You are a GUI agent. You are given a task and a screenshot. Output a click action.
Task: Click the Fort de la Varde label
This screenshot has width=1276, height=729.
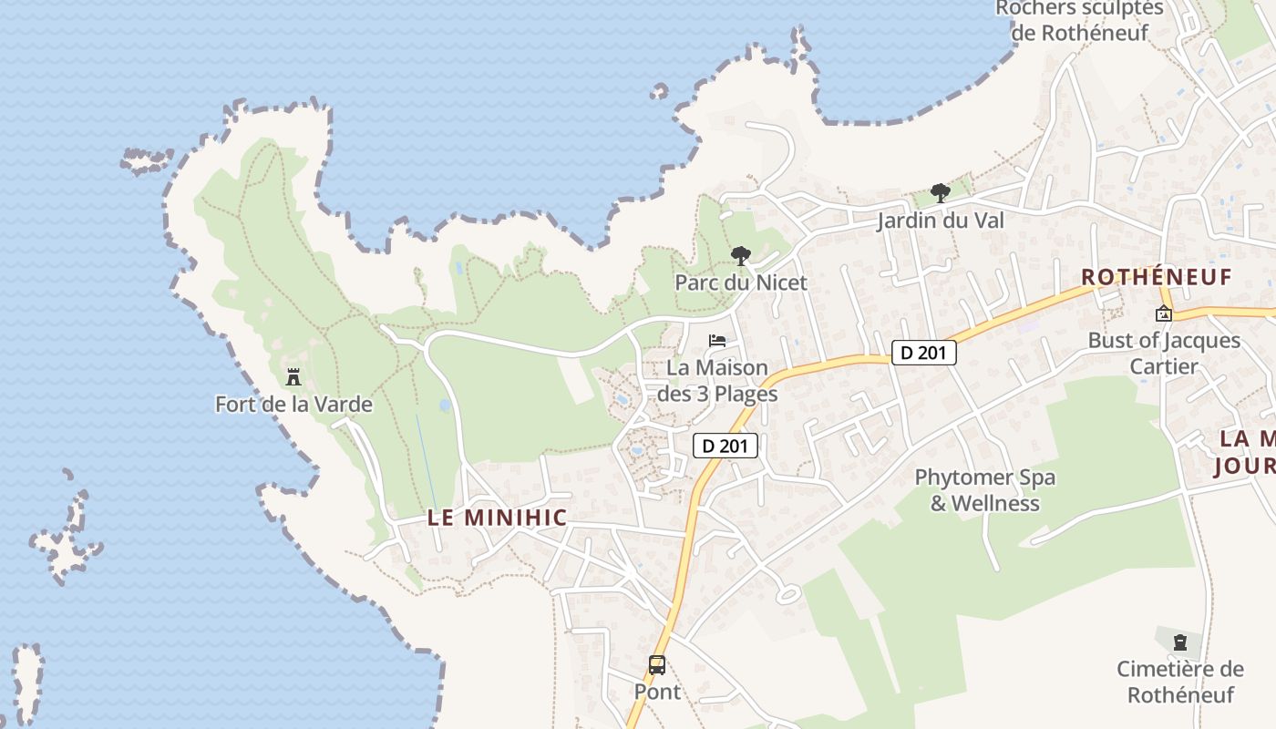point(293,404)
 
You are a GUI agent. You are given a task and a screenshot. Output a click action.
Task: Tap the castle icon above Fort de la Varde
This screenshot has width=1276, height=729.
point(293,376)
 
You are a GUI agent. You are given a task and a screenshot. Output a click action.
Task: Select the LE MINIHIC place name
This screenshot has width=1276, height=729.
point(497,518)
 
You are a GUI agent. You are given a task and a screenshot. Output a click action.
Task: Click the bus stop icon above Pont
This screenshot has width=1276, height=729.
point(657,664)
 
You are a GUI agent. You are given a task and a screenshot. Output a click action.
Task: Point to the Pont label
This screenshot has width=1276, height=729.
point(657,692)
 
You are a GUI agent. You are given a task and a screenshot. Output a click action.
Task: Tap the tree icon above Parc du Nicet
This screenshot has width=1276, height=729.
point(741,256)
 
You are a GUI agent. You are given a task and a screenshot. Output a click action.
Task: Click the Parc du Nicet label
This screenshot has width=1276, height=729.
point(741,282)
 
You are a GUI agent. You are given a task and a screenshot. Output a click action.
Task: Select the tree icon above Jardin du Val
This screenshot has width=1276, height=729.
point(941,193)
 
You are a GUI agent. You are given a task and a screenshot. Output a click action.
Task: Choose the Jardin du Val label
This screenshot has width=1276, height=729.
point(941,221)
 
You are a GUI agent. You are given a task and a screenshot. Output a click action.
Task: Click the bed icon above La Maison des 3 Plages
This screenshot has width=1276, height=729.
point(718,341)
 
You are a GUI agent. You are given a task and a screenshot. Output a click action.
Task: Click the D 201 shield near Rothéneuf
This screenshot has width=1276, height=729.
point(923,353)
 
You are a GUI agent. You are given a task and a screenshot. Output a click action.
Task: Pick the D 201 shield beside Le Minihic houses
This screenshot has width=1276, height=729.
point(725,446)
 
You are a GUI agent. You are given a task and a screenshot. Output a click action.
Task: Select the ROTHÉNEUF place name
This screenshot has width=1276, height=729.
point(1156,277)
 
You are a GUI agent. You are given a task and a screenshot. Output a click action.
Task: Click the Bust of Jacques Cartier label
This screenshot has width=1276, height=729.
point(1164,354)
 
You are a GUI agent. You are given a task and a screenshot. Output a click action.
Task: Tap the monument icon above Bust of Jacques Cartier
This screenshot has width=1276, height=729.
point(1164,314)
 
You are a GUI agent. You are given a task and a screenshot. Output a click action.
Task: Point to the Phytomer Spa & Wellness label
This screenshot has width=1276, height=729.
point(984,490)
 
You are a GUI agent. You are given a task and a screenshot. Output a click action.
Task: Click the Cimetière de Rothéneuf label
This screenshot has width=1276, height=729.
point(1180,682)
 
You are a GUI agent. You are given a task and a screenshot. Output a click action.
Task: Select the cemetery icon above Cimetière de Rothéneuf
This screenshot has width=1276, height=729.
point(1180,642)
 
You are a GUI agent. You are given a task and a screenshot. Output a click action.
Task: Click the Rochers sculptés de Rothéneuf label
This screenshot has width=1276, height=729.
point(1079,21)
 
